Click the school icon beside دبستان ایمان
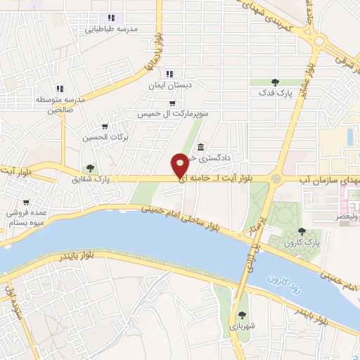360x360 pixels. [169, 74]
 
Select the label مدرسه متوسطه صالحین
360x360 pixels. [61, 105]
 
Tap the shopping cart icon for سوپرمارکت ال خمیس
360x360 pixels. [172, 103]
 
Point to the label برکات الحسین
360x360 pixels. [105, 137]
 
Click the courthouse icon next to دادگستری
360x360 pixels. [202, 148]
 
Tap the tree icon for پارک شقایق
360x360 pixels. [89, 167]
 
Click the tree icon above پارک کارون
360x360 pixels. [302, 231]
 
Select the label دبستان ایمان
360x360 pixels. [169, 85]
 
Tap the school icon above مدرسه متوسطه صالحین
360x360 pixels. [60, 89]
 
